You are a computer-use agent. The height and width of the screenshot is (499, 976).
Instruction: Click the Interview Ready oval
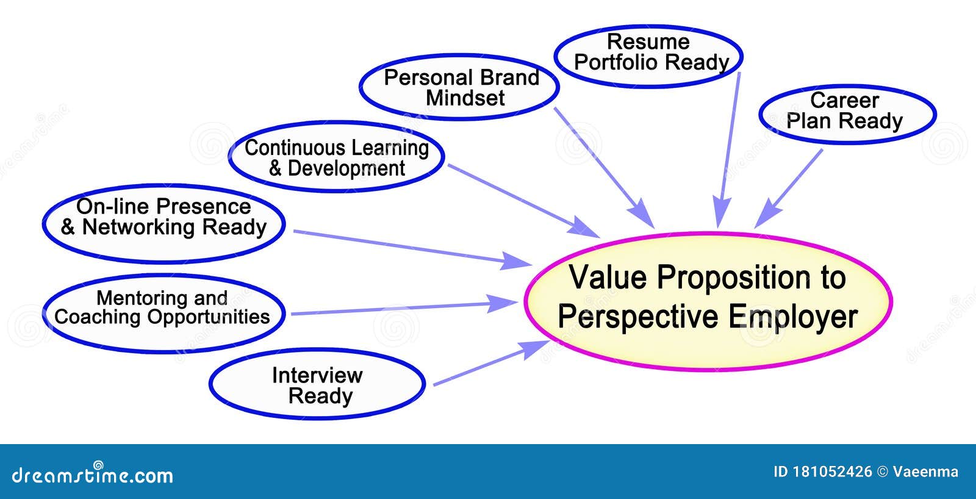tap(317, 384)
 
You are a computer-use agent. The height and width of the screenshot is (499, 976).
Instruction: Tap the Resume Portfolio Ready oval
tap(648, 55)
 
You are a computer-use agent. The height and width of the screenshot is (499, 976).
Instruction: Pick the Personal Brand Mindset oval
tap(459, 87)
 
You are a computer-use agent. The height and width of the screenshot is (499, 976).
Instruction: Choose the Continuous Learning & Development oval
tap(337, 157)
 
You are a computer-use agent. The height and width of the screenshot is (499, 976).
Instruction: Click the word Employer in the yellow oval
tap(793, 317)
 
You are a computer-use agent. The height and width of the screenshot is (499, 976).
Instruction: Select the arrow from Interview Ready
tap(488, 364)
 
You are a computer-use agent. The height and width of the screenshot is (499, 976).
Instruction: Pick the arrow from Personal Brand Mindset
tap(604, 168)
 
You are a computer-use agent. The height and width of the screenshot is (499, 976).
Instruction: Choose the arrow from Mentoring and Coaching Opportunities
tap(403, 308)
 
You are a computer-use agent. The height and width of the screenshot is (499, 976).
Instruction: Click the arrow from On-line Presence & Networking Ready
tap(409, 248)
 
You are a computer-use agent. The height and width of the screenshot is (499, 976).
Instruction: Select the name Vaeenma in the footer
tap(925, 472)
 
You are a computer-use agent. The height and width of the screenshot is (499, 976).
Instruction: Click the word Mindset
tap(465, 98)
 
